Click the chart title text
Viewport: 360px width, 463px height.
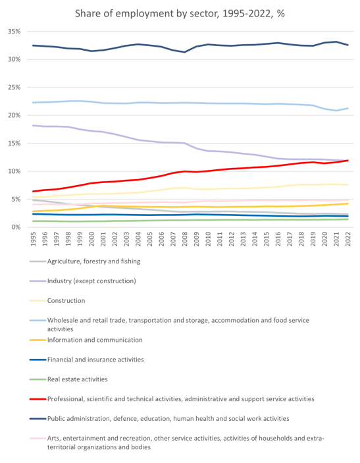pyautogui.click(x=180, y=14)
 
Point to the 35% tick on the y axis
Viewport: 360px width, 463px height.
pyautogui.click(x=14, y=32)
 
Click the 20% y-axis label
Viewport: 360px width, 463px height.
pyautogui.click(x=14, y=115)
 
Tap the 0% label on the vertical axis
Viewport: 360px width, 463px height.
pyautogui.click(x=16, y=227)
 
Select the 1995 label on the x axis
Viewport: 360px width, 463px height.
pyautogui.click(x=34, y=239)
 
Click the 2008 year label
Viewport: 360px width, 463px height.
pyautogui.click(x=185, y=239)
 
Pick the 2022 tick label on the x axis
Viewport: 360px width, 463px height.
pyautogui.click(x=348, y=239)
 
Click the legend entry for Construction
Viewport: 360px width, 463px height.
pyautogui.click(x=66, y=300)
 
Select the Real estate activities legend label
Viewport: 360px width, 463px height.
pyautogui.click(x=77, y=379)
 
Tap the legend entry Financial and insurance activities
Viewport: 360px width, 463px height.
pyautogui.click(x=95, y=360)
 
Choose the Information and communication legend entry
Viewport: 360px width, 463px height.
pyautogui.click(x=95, y=340)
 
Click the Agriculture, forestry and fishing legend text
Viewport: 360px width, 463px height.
pyautogui.click(x=94, y=261)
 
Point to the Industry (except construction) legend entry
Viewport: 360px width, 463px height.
pyautogui.click(x=91, y=281)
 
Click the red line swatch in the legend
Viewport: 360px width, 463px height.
pyautogui.click(x=38, y=399)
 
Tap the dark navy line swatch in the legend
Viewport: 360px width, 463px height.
pyautogui.click(x=38, y=419)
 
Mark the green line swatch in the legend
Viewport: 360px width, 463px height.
pyautogui.click(x=38, y=379)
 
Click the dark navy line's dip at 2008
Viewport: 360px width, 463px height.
pyautogui.click(x=185, y=52)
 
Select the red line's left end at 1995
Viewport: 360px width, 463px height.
pyautogui.click(x=34, y=192)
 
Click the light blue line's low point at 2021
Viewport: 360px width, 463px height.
pyautogui.click(x=336, y=111)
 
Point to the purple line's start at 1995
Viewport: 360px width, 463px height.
pyautogui.click(x=34, y=126)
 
